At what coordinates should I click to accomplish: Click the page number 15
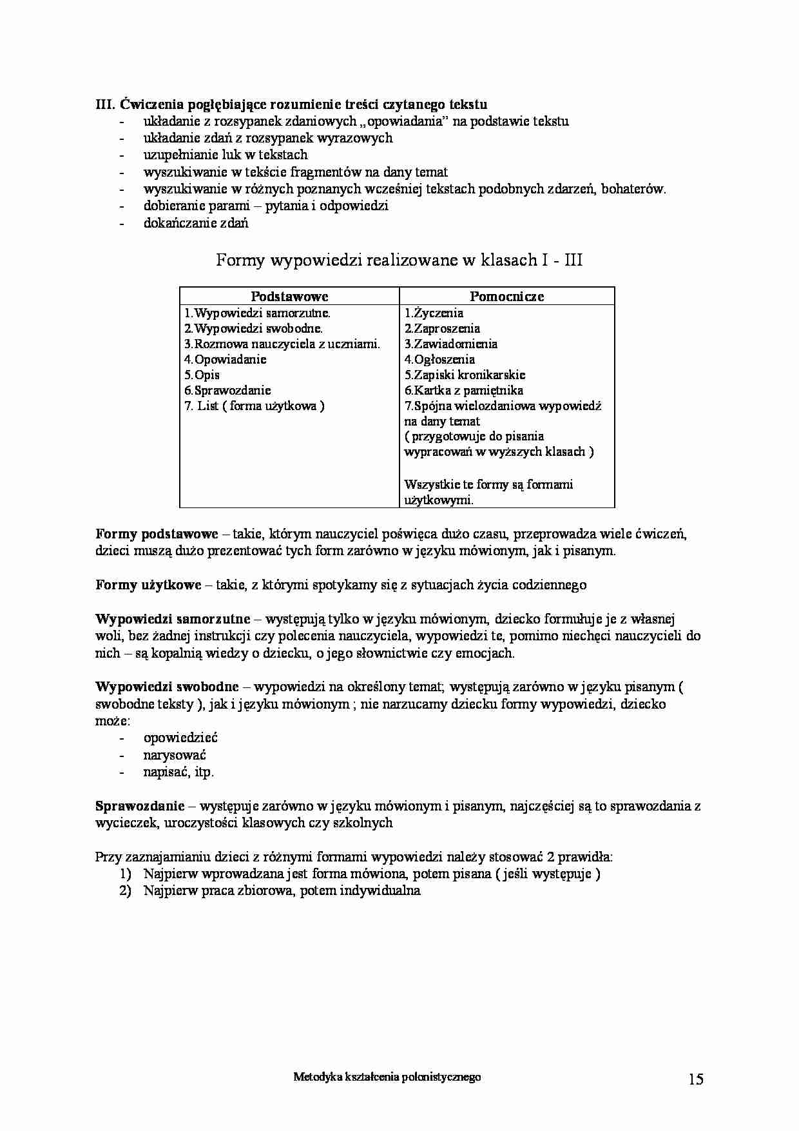[695, 1079]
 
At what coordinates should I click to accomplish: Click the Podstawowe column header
[289, 297]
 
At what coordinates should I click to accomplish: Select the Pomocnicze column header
[506, 297]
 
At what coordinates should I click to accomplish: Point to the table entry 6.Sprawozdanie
[227, 391]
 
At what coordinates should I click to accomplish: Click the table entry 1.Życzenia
[434, 313]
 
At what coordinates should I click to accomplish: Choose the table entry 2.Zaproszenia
[442, 329]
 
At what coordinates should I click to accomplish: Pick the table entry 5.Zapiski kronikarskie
[465, 375]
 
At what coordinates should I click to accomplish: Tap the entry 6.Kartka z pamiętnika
[463, 391]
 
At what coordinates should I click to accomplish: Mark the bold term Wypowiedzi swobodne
[167, 687]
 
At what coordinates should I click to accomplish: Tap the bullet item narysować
[175, 755]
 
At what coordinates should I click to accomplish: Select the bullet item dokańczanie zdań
[196, 224]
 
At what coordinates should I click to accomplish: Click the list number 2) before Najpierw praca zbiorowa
[125, 891]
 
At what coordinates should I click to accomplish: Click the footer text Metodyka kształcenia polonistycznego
[387, 1077]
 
